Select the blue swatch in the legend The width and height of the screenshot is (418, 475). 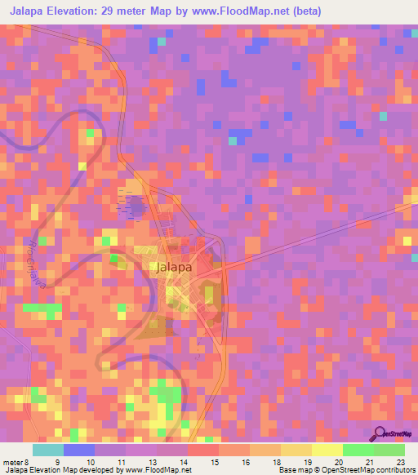click(78, 450)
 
